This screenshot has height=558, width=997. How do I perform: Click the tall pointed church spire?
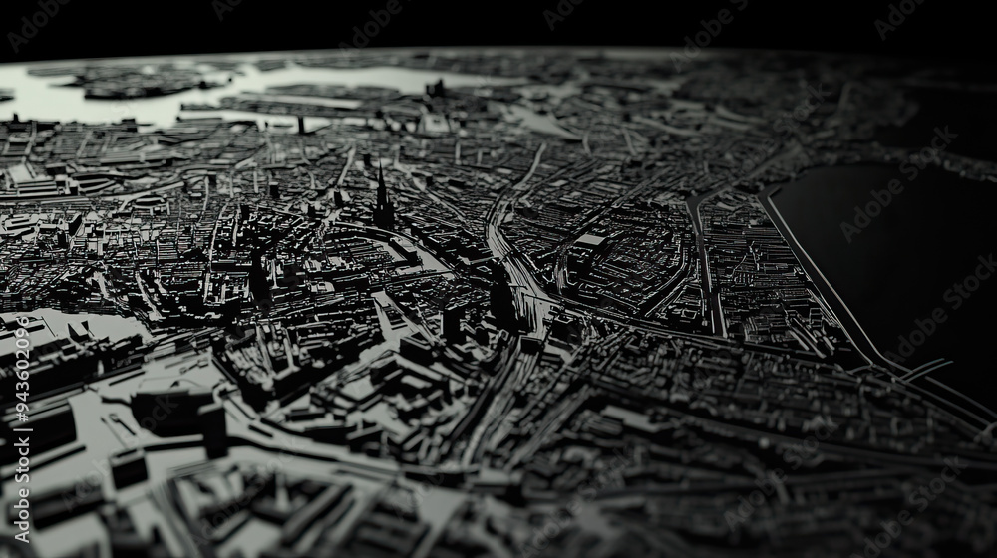pyautogui.click(x=380, y=189)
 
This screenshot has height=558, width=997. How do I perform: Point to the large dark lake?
pyautogui.click(x=887, y=249)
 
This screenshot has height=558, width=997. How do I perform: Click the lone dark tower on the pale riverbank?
pyautogui.click(x=299, y=125)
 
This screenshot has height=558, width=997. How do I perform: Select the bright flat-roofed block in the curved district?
pyautogui.click(x=590, y=240)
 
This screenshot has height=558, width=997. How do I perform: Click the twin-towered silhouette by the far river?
pyautogui.click(x=436, y=90)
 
